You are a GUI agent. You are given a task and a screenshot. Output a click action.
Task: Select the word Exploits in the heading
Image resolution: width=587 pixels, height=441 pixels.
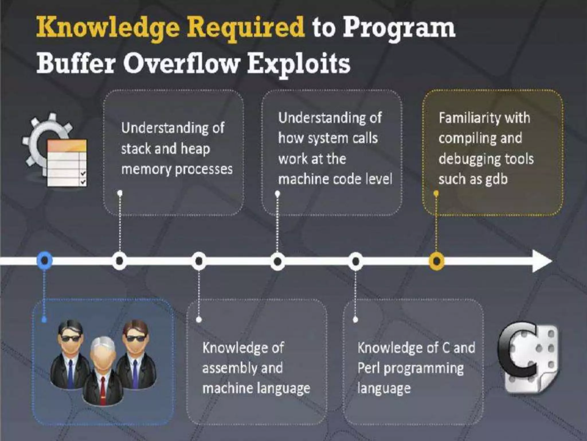click(298, 64)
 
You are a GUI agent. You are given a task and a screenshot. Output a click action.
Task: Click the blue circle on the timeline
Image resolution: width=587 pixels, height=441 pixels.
click(44, 260)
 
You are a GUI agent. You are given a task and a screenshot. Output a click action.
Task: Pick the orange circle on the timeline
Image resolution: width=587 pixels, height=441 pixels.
click(436, 261)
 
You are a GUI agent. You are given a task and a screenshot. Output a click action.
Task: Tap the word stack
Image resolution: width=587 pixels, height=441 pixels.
click(136, 149)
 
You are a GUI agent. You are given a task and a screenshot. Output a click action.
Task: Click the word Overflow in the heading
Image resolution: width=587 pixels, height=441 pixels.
click(181, 64)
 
